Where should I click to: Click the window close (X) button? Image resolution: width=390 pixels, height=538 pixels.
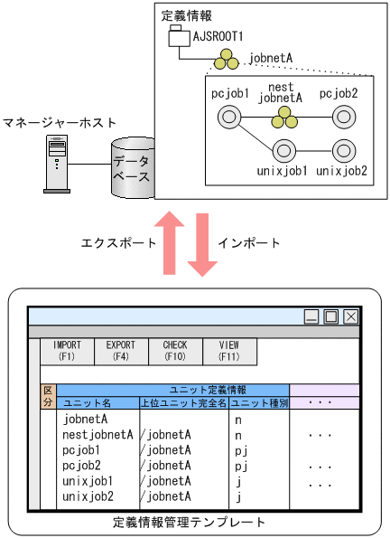pos(350,316)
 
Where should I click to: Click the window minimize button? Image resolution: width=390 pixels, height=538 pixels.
pos(311,316)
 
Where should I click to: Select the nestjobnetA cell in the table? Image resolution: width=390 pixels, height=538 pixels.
pos(98,434)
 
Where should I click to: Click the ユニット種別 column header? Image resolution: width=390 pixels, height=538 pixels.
pos(259,403)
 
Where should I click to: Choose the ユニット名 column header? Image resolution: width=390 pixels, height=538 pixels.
pos(88,403)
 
